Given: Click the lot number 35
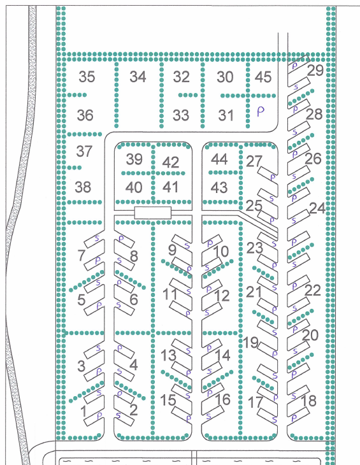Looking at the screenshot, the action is coord(87,77).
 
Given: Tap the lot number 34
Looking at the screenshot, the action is coord(138,77).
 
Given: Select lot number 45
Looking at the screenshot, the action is coord(263,77).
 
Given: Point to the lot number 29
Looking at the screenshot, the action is coord(315,71).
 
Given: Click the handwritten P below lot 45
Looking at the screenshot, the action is coord(261,111).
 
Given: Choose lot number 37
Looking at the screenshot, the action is coord(84,151).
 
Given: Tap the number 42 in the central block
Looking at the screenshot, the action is coord(171,162).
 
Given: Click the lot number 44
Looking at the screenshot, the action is coord(219,159).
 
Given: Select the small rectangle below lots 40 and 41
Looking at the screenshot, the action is coord(153,213).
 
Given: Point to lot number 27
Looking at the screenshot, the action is coord(254,162).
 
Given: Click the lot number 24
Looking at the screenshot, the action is coord(317,208).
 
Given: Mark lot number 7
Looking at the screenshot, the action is coord(82,255).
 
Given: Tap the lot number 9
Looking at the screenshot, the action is coord(172,250).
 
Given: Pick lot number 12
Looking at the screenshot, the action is coord(222,296).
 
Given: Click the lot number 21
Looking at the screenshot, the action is coord(254,292).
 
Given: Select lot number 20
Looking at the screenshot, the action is coord(310,335).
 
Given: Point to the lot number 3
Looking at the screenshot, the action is coord(82,366).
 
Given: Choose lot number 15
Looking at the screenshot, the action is coord(168,400).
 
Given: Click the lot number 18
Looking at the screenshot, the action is coord(308,401).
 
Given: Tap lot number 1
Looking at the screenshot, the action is coord(84,411).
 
